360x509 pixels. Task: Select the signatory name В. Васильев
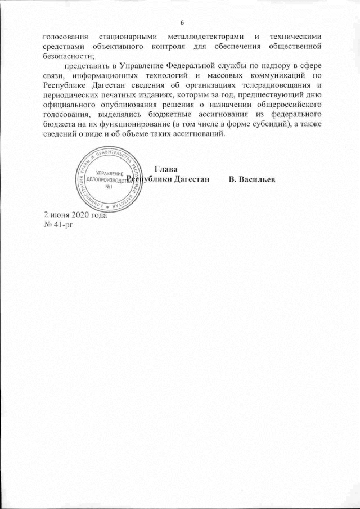point(252,180)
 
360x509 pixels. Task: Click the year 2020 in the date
point(79,216)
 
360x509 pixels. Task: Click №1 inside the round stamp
point(110,187)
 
